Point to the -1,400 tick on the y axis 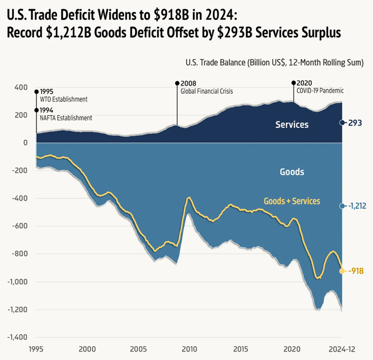[x=18, y=337]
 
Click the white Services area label [x=292, y=125]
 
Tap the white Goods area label [x=292, y=172]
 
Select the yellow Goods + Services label [x=291, y=201]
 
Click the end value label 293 [x=355, y=122]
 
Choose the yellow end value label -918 [x=356, y=271]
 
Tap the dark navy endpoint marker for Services [x=343, y=122]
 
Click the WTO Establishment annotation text [x=63, y=99]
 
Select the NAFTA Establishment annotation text [x=66, y=118]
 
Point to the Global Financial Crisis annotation [x=207, y=91]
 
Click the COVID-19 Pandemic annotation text [x=320, y=91]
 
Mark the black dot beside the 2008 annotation [x=177, y=83]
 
